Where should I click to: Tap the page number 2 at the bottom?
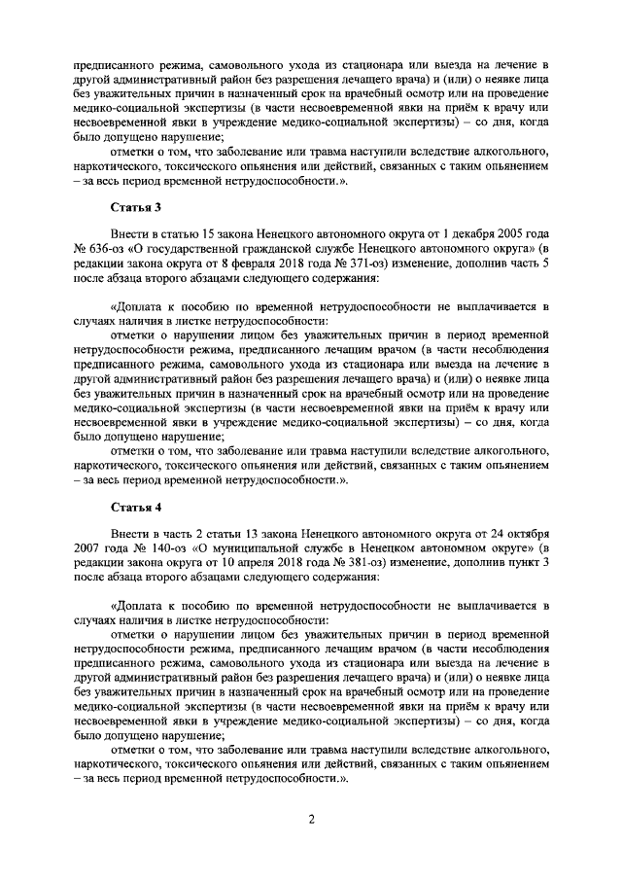[x=311, y=819]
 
